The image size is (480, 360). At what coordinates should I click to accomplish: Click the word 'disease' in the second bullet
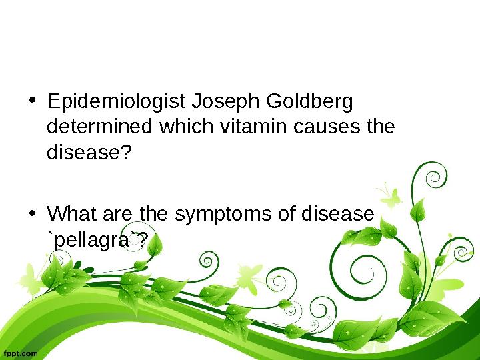336,215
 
